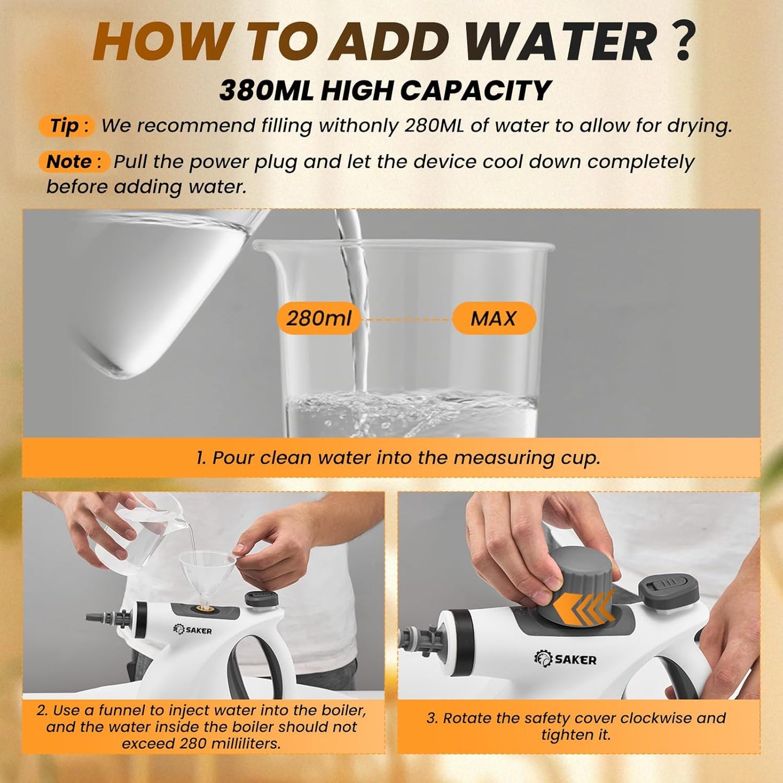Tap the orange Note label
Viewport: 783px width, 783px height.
74,161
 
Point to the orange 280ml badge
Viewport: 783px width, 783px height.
319,318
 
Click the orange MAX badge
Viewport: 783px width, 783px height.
493,318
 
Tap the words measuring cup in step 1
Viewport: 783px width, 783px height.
527,458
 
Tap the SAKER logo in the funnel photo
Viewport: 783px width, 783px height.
192,630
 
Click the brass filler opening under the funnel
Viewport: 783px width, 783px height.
202,609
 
